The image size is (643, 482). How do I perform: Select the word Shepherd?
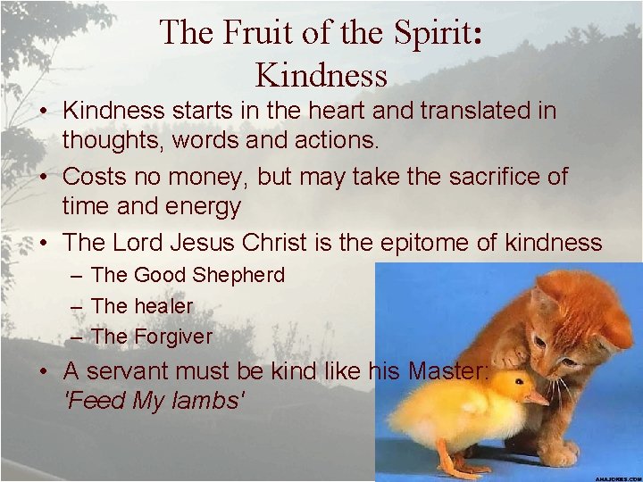[x=238, y=275]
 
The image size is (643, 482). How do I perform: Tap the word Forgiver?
[x=173, y=337]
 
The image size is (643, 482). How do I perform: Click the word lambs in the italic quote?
[x=208, y=401]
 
